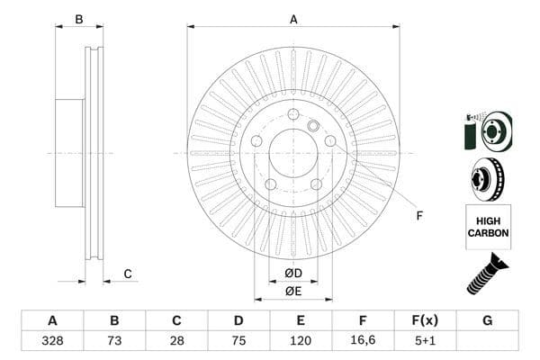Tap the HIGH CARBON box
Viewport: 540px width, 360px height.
(488, 226)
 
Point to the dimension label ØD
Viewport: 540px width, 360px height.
(293, 273)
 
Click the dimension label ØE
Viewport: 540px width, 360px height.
(293, 291)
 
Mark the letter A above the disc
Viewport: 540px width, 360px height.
(293, 19)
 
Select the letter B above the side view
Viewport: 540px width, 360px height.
(79, 19)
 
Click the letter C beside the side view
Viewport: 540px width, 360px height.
(128, 274)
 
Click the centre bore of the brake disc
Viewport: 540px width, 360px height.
(293, 154)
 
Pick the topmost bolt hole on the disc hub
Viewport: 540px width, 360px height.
(293, 114)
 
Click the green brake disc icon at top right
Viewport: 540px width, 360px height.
(487, 131)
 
